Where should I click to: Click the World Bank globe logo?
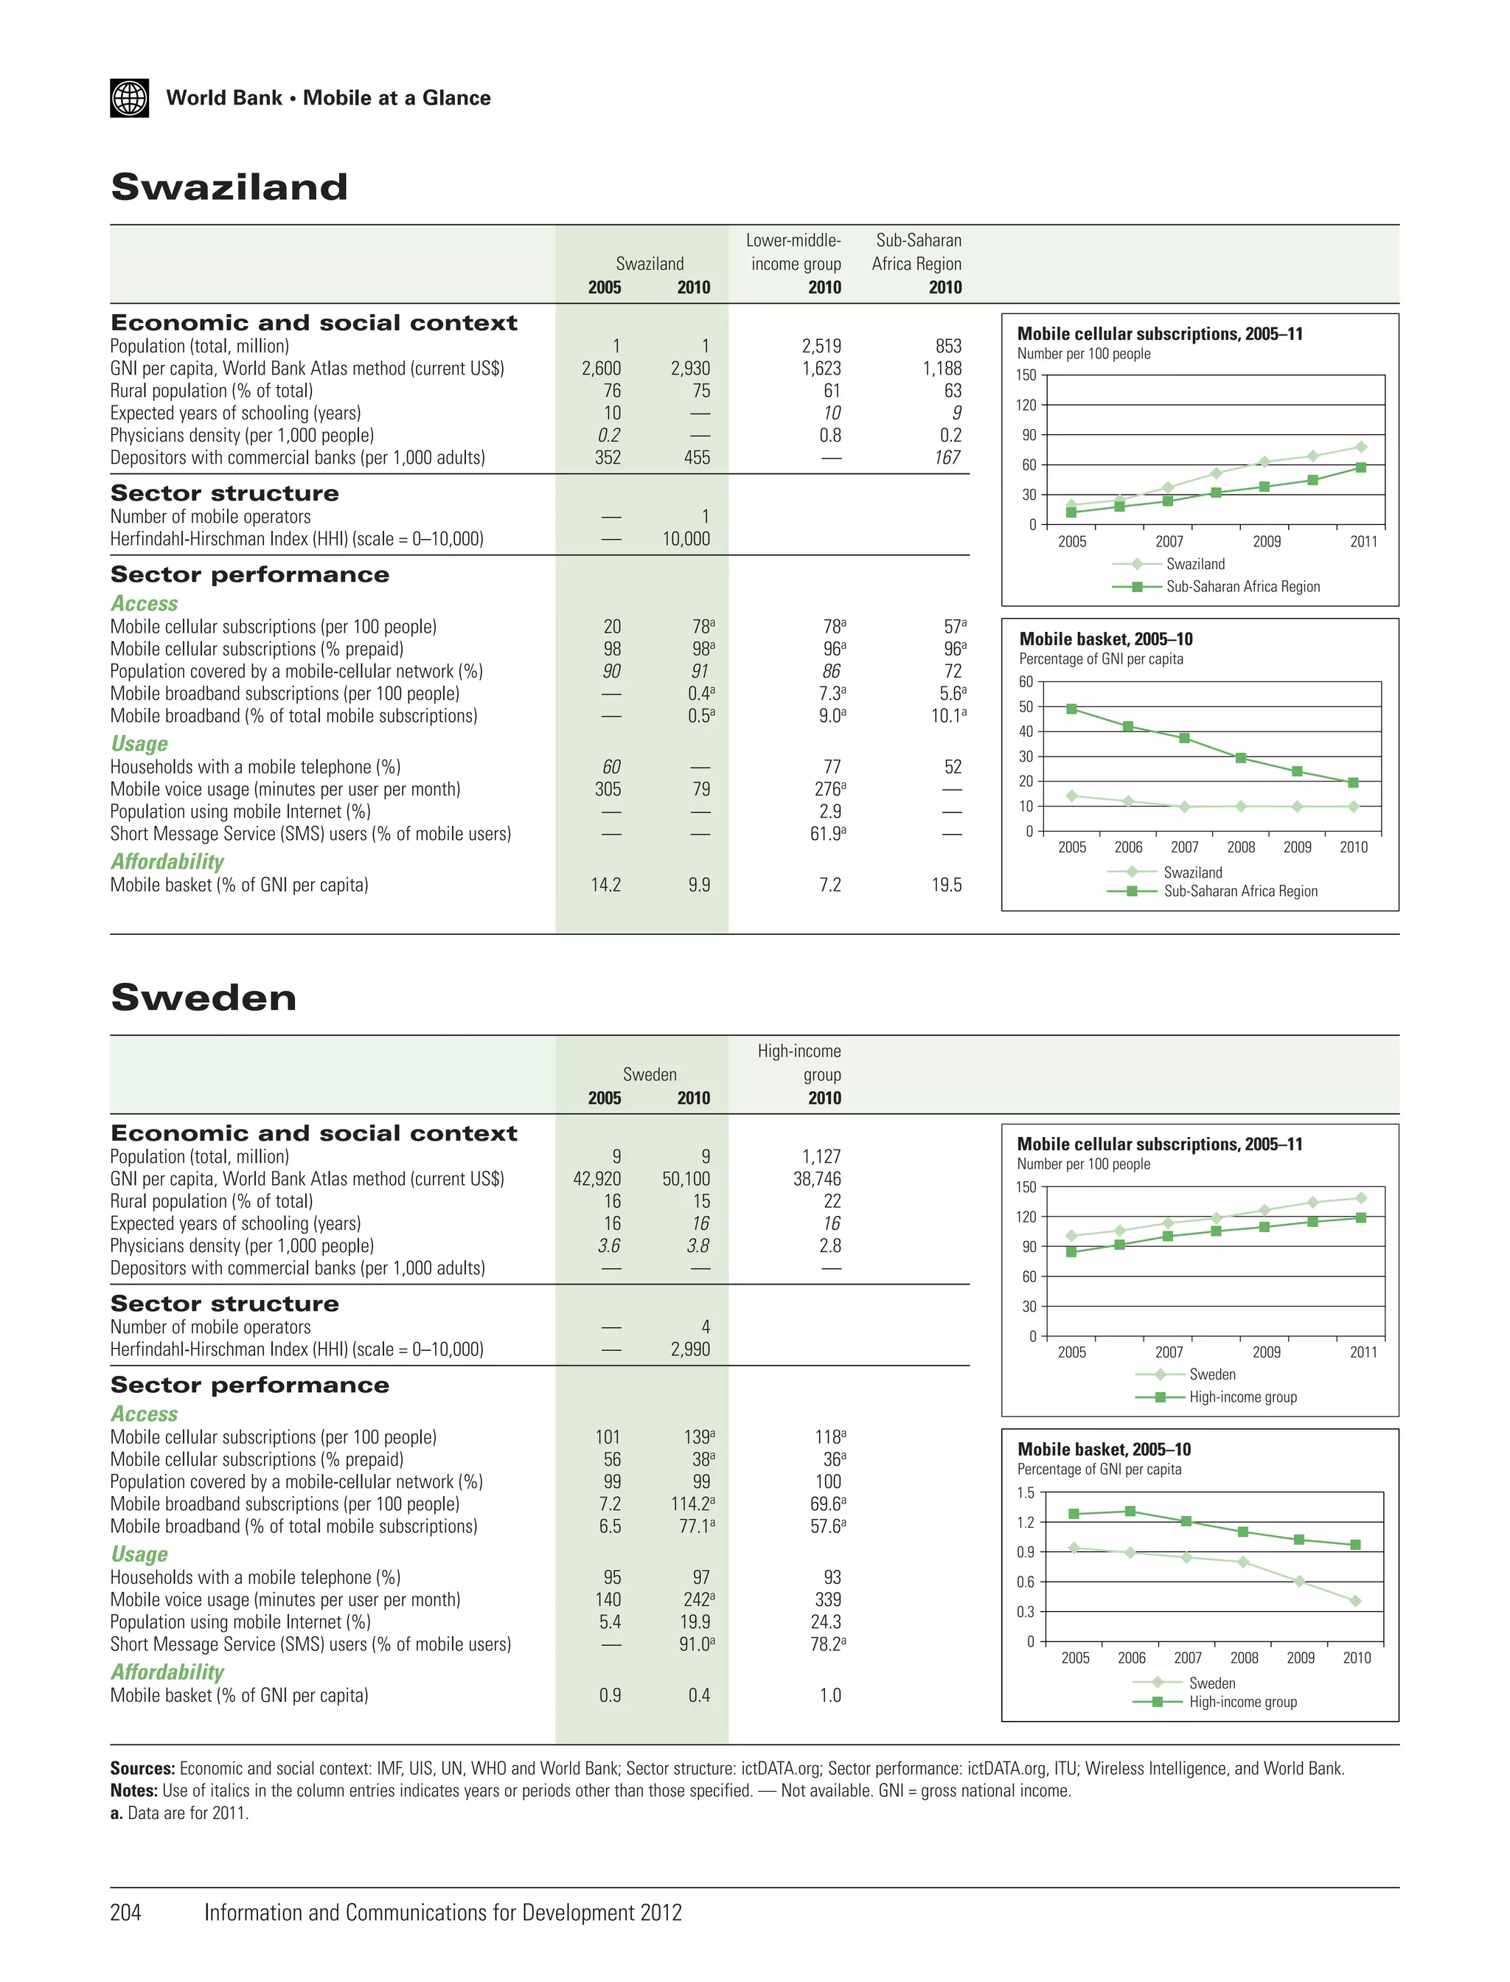(130, 98)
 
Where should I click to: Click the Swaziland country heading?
(229, 187)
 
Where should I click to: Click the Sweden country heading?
(203, 998)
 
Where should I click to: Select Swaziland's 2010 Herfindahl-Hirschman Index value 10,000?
(686, 539)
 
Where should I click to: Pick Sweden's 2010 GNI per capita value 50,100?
(686, 1178)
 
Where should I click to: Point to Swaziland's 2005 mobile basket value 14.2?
(606, 886)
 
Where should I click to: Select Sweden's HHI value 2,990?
(690, 1349)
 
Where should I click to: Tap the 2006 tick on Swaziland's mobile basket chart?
(1128, 846)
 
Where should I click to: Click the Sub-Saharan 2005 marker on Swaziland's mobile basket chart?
(1071, 709)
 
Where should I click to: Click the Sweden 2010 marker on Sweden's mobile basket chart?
(1355, 1601)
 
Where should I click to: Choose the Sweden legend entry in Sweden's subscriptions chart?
(1211, 1374)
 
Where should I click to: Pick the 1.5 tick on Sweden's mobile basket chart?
(1026, 1493)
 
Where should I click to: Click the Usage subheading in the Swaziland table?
(139, 744)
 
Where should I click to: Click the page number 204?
(126, 1912)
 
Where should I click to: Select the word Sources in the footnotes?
(142, 1768)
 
